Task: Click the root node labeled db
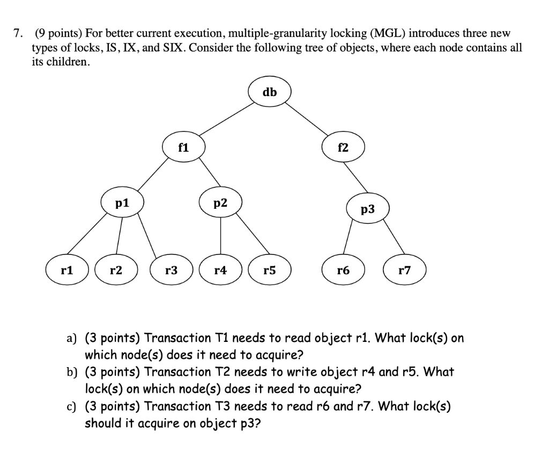click(270, 92)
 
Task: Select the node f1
click(183, 147)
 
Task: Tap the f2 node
click(343, 147)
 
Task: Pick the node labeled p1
click(122, 203)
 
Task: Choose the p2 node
click(220, 203)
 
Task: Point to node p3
click(367, 209)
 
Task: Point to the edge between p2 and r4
click(220, 236)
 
